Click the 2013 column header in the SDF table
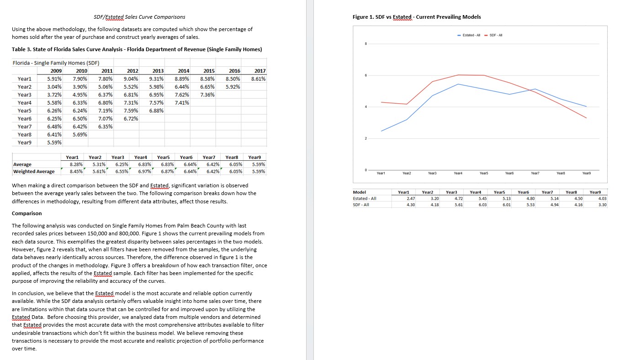tap(158, 71)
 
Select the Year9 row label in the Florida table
tap(25, 142)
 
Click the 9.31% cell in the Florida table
tap(157, 79)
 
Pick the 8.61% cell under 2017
tap(259, 79)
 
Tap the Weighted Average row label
tap(34, 171)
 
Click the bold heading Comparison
tap(26, 213)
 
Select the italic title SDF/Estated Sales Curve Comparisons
tap(139, 17)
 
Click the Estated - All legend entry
tap(470, 35)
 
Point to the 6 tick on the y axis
tap(365, 75)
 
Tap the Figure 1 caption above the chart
tap(417, 17)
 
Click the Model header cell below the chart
tap(360, 193)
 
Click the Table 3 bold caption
tap(137, 49)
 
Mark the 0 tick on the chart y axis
tap(365, 170)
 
